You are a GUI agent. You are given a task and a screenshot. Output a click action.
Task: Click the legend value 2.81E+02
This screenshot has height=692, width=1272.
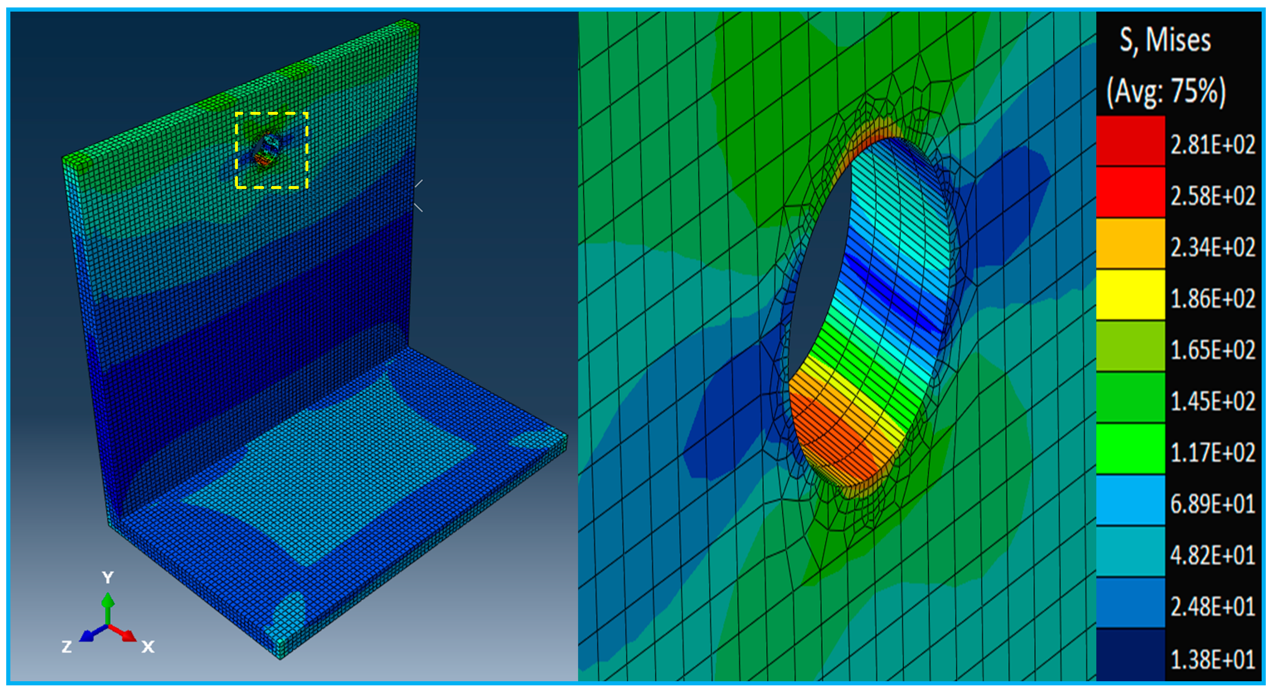click(x=1212, y=145)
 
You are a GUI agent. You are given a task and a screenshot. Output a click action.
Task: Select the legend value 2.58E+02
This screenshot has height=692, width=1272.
click(x=1212, y=196)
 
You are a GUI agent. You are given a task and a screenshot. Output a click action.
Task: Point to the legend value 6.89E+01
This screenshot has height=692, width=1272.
click(x=1212, y=504)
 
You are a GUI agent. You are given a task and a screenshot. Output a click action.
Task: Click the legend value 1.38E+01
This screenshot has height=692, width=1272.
click(x=1212, y=659)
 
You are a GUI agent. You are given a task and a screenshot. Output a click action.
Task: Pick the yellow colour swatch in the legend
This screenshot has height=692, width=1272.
click(x=1130, y=295)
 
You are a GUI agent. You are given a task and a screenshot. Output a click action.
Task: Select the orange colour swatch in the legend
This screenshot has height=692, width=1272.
click(x=1130, y=243)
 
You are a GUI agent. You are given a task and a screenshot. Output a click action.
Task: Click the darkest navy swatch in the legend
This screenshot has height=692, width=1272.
click(x=1130, y=654)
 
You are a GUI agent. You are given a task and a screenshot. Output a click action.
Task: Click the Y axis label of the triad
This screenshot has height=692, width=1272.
click(x=108, y=577)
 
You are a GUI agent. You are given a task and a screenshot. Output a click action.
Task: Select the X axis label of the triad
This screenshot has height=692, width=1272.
click(x=148, y=646)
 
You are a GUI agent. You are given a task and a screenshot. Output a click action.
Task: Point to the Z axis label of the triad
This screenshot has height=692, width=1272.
click(x=67, y=646)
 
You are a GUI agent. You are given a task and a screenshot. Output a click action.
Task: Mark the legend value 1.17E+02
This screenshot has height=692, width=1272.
click(x=1212, y=452)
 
